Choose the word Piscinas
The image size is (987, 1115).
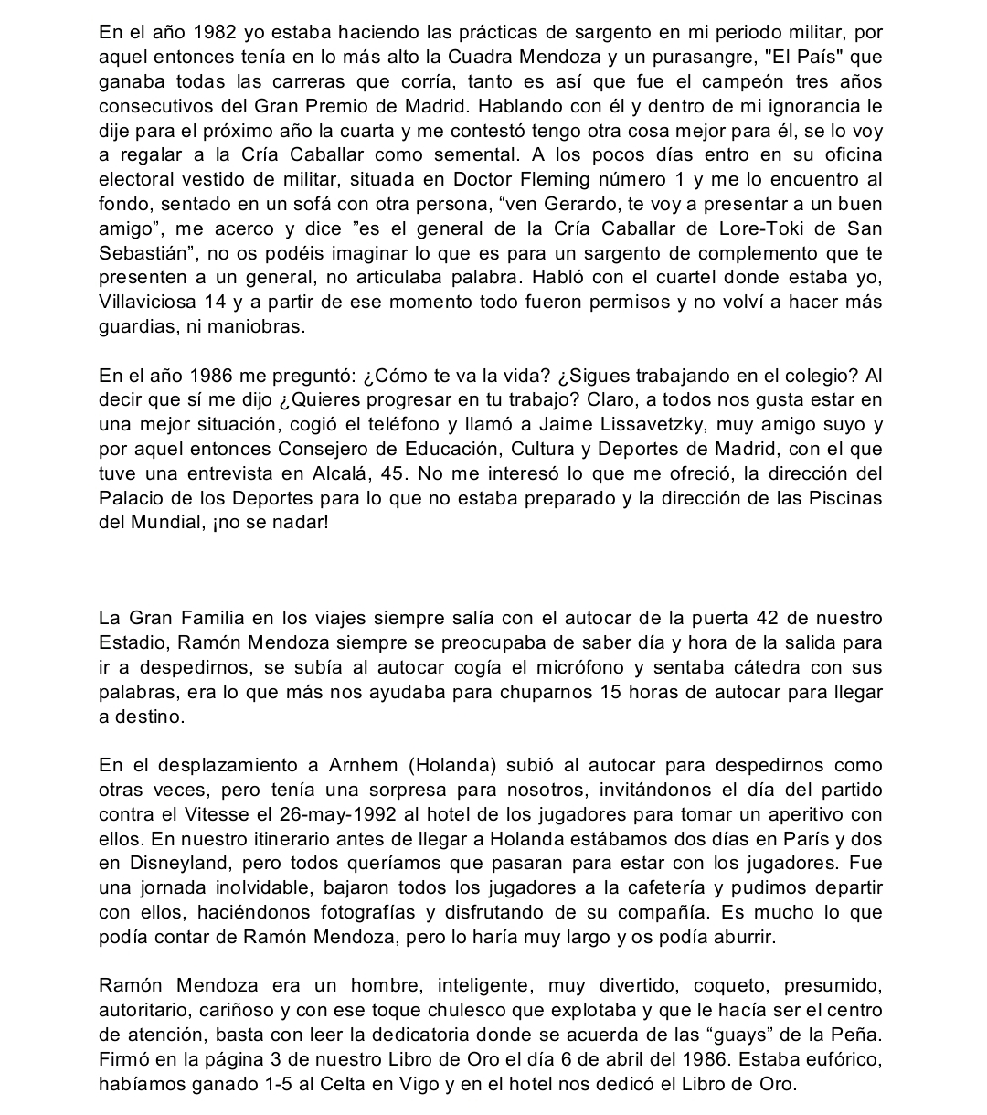[840, 498]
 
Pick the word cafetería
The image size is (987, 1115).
[641, 888]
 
